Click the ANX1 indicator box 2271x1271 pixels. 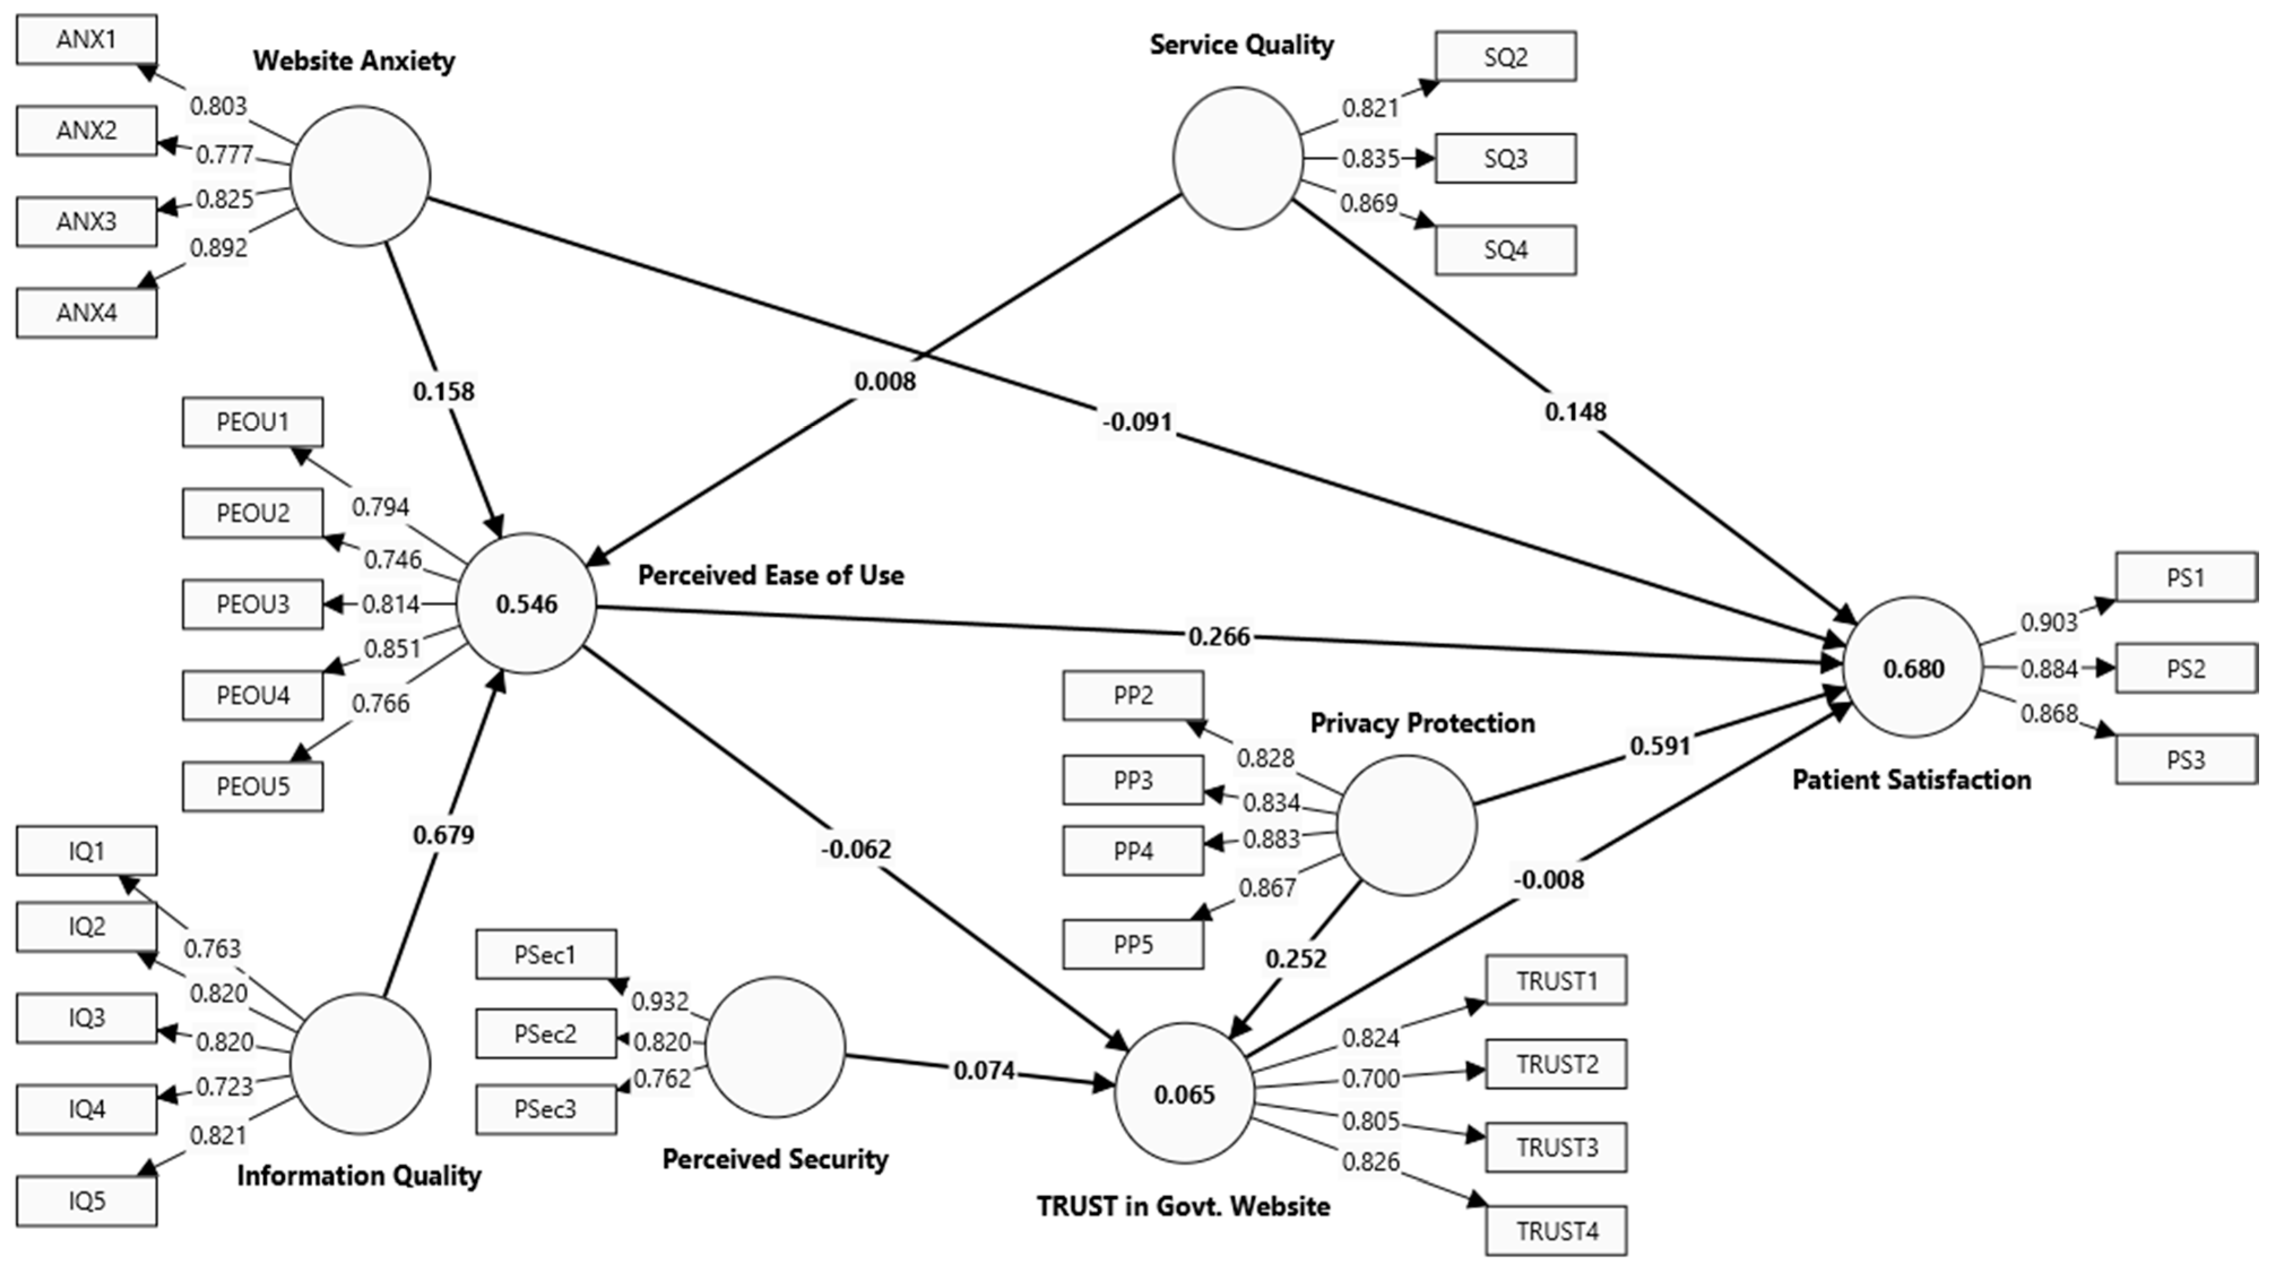click(86, 40)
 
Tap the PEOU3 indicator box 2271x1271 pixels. click(253, 604)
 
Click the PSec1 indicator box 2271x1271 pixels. click(546, 954)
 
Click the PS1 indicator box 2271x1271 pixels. click(2186, 578)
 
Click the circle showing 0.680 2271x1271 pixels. click(1913, 667)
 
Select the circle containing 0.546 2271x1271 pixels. click(526, 604)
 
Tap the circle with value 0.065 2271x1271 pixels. click(1184, 1094)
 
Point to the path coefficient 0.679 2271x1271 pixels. click(444, 834)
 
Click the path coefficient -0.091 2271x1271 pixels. click(1137, 421)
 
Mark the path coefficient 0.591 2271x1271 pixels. click(1660, 746)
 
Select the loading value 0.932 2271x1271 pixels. click(660, 1002)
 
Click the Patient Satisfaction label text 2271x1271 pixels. click(1912, 779)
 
